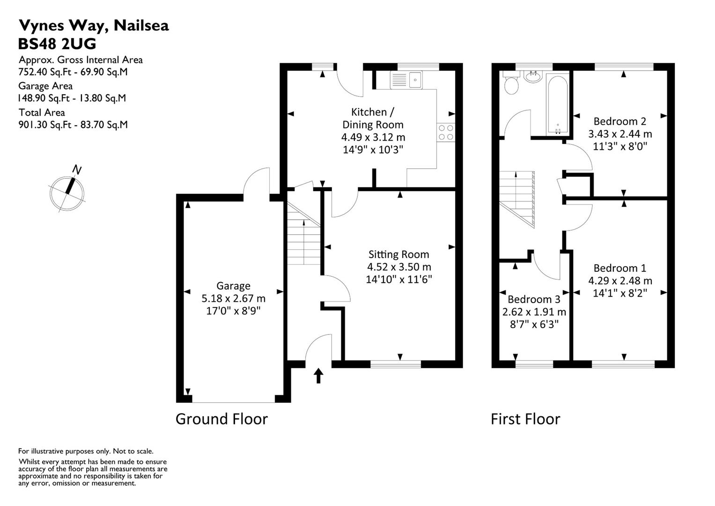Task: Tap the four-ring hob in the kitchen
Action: pyautogui.click(x=446, y=132)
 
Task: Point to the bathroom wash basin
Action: pyautogui.click(x=533, y=76)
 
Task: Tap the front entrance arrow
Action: pyautogui.click(x=318, y=375)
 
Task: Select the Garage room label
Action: pyautogui.click(x=233, y=286)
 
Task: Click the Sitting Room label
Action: pyautogui.click(x=398, y=254)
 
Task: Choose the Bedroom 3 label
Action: pyautogui.click(x=534, y=299)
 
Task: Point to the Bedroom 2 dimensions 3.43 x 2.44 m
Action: pyautogui.click(x=620, y=134)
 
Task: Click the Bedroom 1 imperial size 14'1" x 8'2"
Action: pyautogui.click(x=620, y=293)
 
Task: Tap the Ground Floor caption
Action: pyautogui.click(x=221, y=419)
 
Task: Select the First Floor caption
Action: pyautogui.click(x=525, y=419)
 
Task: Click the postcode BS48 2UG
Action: pyautogui.click(x=57, y=44)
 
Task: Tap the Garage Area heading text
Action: pyautogui.click(x=45, y=86)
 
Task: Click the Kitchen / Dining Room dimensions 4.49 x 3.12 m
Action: pyautogui.click(x=373, y=137)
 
